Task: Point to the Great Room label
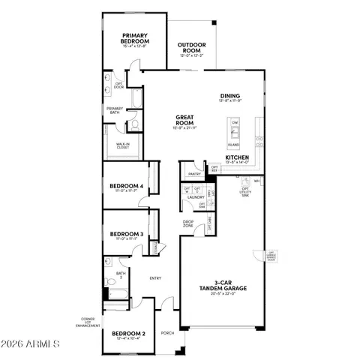[x=185, y=121]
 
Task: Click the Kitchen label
[x=237, y=158]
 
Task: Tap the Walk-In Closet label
[x=121, y=146]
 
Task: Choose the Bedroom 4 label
[x=126, y=187]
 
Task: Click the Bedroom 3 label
[x=126, y=235]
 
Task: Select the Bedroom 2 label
[x=127, y=334]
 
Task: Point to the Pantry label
[x=193, y=174]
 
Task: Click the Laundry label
[x=196, y=198]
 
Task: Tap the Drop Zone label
[x=189, y=223]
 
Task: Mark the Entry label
[x=155, y=278]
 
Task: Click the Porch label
[x=167, y=333]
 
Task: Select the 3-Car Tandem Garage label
[x=223, y=289]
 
